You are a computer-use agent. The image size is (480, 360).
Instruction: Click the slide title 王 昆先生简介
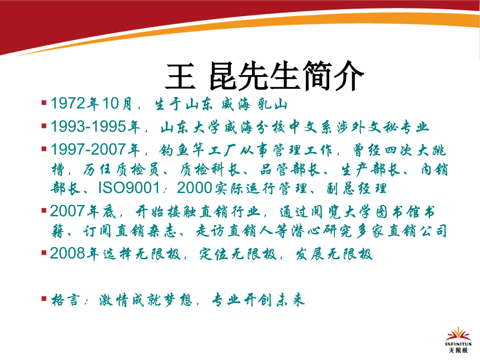point(263,78)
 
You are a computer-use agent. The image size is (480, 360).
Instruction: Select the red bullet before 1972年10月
point(44,102)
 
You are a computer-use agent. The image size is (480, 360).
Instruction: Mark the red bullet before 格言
point(44,298)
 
